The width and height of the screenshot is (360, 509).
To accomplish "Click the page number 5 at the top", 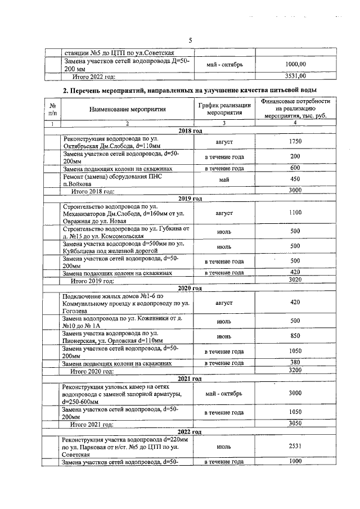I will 190,40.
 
